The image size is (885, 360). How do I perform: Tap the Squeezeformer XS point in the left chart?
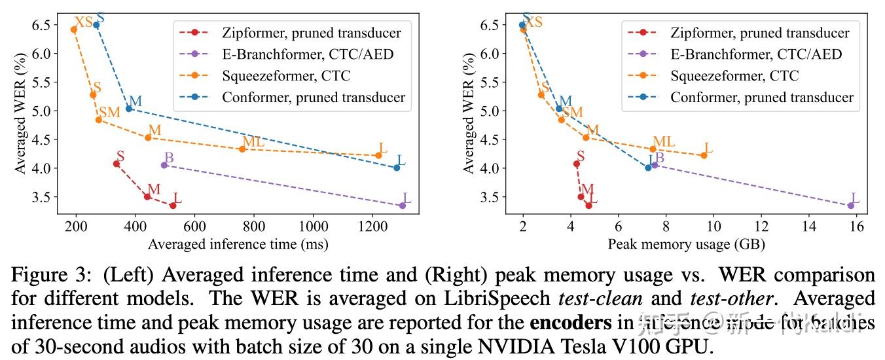(x=74, y=29)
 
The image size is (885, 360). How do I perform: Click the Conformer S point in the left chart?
(x=96, y=25)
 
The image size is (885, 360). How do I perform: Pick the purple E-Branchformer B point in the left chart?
(x=164, y=165)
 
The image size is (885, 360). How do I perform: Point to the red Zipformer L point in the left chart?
(x=173, y=206)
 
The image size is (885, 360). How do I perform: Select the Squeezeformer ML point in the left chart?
(x=242, y=149)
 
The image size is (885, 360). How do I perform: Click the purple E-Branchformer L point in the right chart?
(x=851, y=206)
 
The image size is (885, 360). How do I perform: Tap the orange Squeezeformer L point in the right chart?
(x=704, y=155)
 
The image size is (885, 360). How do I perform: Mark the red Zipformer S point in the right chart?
(x=577, y=164)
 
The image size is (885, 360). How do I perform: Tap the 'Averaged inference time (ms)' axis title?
(x=238, y=245)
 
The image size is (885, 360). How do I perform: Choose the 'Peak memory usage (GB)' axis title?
(x=687, y=245)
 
